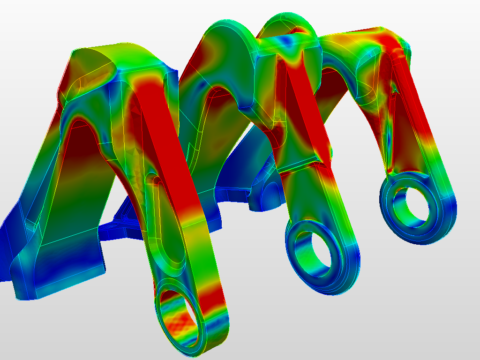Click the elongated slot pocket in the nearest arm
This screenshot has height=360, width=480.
click(x=164, y=216)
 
